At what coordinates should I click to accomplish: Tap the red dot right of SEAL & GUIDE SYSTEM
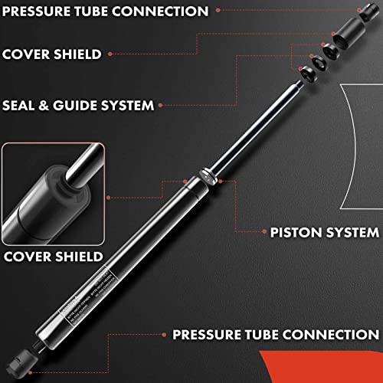169,104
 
